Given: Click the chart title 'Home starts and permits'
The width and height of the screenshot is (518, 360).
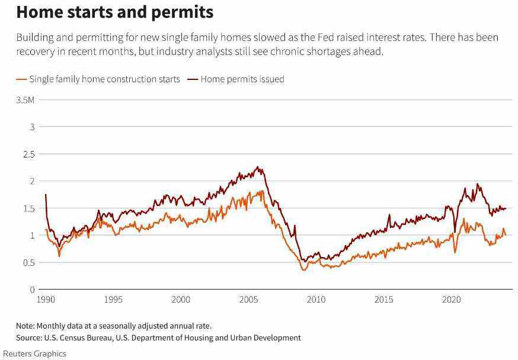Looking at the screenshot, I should [114, 12].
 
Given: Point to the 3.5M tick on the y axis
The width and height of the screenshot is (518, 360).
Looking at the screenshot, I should [25, 99].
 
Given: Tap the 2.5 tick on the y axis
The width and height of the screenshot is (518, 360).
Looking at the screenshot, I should [28, 154].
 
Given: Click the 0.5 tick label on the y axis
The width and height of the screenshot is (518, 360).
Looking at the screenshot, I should [28, 262].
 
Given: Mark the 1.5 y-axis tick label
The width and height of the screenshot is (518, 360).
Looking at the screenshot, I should [28, 208].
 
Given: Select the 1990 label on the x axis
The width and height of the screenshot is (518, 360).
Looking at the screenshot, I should [46, 300].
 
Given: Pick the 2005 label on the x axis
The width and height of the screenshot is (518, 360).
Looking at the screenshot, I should [249, 300].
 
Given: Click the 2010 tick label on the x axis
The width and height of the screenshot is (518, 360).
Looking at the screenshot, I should [316, 300].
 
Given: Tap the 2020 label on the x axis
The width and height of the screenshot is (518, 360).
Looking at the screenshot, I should [452, 300].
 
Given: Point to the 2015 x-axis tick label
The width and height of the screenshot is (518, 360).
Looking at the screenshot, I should [384, 300].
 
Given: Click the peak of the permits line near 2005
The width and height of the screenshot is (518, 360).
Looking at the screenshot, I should [258, 167].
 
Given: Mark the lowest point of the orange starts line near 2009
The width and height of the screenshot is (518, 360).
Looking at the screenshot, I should [304, 270].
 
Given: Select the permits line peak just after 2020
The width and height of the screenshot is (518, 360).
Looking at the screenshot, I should [478, 184].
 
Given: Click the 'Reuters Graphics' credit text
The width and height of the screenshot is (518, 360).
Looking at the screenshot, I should [34, 353].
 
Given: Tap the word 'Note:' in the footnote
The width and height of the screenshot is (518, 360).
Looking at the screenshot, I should [25, 326].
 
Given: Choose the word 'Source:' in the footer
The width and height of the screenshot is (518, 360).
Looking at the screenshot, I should [29, 337].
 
